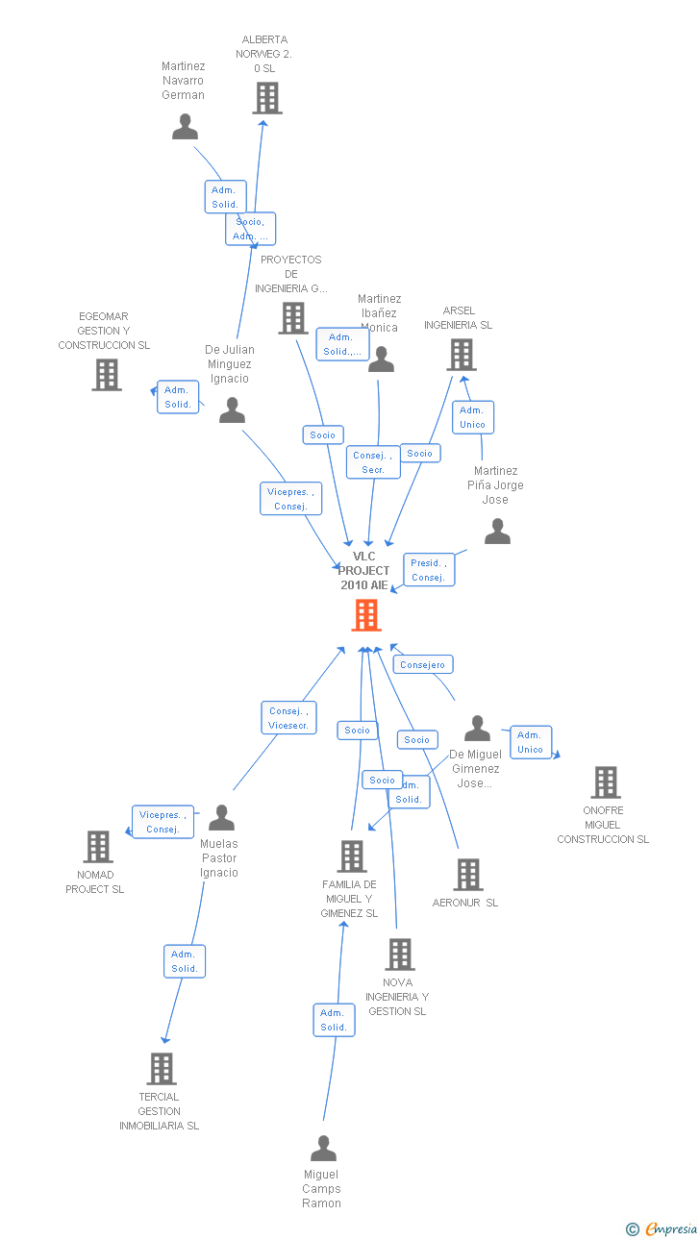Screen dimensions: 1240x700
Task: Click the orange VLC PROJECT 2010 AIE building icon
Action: pos(366,615)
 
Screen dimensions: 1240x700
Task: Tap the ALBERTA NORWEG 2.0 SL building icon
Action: pos(267,98)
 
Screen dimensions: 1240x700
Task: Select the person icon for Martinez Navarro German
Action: pos(185,126)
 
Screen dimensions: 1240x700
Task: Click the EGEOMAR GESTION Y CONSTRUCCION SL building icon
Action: pos(107,375)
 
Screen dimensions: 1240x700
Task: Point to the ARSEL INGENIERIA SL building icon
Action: pos(462,355)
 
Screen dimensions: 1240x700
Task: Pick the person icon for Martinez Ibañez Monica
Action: pos(382,360)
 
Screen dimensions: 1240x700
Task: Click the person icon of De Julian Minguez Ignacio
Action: pos(232,410)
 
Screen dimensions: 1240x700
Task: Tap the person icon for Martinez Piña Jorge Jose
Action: pos(497,532)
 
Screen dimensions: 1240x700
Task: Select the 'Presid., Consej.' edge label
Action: pos(429,570)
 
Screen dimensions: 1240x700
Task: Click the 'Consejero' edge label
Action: pos(423,664)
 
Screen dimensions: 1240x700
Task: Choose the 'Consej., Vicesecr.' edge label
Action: pos(289,718)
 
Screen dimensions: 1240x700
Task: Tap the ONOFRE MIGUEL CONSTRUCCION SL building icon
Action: pos(606,782)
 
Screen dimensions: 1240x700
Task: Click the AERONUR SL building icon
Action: pos(468,875)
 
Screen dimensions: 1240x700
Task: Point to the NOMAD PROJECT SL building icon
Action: pos(98,847)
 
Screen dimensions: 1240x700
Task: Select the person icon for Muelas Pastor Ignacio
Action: pos(222,818)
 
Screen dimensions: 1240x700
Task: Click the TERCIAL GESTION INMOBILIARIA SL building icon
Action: pos(162,1068)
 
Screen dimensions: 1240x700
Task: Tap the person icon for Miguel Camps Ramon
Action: pos(324,1149)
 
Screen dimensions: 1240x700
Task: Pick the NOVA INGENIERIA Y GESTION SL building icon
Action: pos(399,955)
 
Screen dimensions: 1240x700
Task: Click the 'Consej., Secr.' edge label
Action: pos(373,462)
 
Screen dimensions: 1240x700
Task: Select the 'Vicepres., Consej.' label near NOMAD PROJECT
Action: pos(163,822)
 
